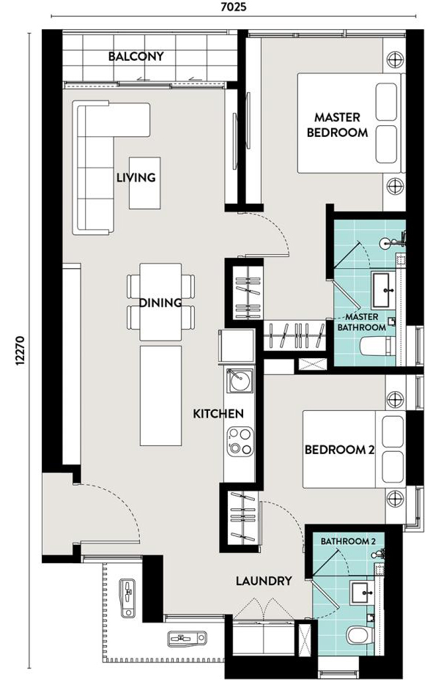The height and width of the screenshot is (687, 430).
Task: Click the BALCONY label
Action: pos(136,56)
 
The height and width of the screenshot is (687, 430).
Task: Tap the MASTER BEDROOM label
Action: pos(337,125)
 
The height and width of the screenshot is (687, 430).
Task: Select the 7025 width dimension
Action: pos(234,7)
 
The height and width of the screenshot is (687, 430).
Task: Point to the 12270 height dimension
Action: pos(20,351)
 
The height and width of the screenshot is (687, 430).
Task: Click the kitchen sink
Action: pos(240,380)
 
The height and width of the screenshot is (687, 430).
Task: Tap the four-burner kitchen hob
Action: pos(240,442)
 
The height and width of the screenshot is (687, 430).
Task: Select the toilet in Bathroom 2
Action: pos(360,635)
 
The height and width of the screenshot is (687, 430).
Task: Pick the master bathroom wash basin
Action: pos(386,290)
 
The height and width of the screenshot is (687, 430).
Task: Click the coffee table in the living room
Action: pos(144,182)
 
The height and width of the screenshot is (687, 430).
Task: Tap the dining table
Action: pos(160,302)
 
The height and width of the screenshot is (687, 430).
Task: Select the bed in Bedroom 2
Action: pos(354,449)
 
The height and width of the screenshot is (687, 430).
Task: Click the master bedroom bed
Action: pos(349,123)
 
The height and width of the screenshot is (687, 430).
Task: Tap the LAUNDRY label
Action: pos(264,581)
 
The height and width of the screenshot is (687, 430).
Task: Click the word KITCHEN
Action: pos(218,414)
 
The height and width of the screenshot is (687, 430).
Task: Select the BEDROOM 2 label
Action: pos(340,450)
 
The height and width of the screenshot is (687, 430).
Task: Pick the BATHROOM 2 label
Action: pos(348,541)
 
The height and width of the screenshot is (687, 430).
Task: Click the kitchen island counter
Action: pos(161,396)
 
